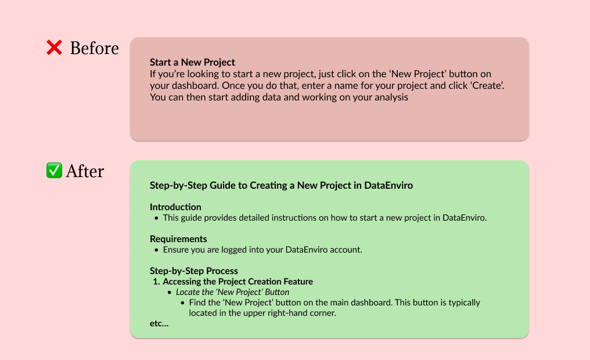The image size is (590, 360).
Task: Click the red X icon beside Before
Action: tap(54, 48)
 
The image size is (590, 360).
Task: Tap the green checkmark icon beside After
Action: tap(54, 171)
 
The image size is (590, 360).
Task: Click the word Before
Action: tap(94, 48)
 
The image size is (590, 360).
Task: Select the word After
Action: tap(85, 171)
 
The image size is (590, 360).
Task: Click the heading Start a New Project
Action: tap(192, 62)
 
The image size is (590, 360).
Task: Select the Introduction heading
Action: tap(175, 207)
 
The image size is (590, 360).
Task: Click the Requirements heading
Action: tap(178, 239)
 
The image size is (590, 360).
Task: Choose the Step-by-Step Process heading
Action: tap(194, 271)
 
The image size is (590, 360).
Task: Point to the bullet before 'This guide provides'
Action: tap(156, 218)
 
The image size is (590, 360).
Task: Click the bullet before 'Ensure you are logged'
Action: tap(156, 250)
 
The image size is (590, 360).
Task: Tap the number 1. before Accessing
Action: tap(156, 282)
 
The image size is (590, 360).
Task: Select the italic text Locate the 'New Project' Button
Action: tap(232, 292)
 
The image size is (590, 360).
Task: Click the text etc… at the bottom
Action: tap(159, 323)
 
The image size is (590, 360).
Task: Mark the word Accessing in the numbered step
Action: tap(182, 282)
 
